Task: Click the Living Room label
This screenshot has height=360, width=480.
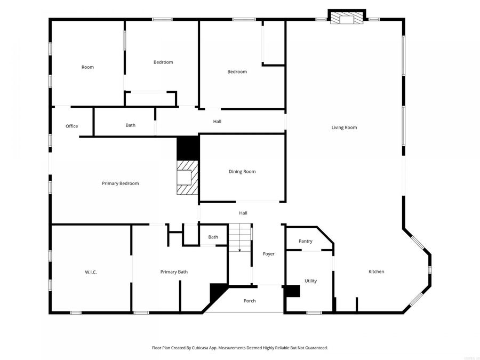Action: [344, 127]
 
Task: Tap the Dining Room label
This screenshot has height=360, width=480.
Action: [242, 172]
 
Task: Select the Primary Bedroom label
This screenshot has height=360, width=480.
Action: [121, 183]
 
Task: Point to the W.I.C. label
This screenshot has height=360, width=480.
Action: [91, 272]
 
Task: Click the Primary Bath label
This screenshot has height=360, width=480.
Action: [174, 272]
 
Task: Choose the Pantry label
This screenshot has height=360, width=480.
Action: [306, 241]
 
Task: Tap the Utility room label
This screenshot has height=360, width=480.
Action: [310, 281]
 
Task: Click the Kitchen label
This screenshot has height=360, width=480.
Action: [377, 272]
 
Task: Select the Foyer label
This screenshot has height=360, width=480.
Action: [269, 254]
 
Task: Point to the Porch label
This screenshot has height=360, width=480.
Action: [250, 301]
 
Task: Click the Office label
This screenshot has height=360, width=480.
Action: [71, 126]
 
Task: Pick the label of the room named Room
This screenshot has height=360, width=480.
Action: [87, 67]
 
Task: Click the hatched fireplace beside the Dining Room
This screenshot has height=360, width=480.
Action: [187, 178]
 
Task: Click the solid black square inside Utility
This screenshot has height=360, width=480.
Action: [293, 291]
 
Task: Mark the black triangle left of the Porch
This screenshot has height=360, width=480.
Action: [216, 291]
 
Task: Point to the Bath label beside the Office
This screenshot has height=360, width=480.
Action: [131, 125]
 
